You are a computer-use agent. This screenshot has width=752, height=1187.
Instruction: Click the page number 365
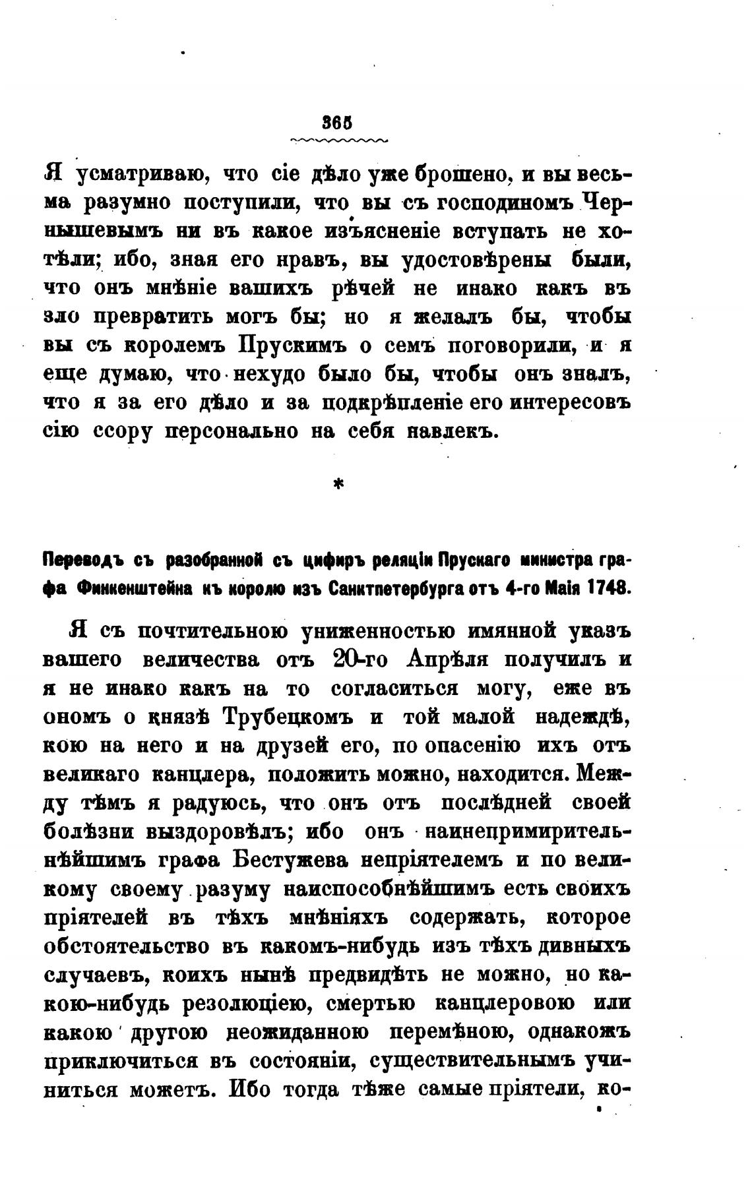(x=336, y=123)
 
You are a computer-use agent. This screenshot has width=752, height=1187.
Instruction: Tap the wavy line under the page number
(x=339, y=140)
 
